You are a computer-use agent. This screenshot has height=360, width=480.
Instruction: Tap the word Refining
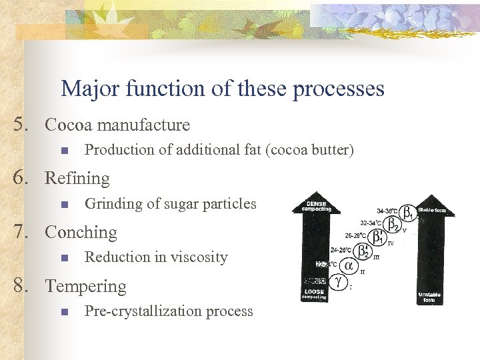click(x=77, y=179)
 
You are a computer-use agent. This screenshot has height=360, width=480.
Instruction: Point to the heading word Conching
click(x=80, y=233)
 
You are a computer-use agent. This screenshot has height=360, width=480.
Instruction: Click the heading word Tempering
click(x=85, y=287)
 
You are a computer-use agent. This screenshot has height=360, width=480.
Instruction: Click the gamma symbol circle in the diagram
click(x=338, y=282)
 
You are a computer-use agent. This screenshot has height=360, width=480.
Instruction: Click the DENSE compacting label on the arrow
click(x=316, y=206)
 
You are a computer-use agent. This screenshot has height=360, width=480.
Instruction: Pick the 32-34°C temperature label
click(x=371, y=223)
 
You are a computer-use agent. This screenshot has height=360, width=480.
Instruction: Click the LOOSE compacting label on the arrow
click(x=316, y=294)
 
